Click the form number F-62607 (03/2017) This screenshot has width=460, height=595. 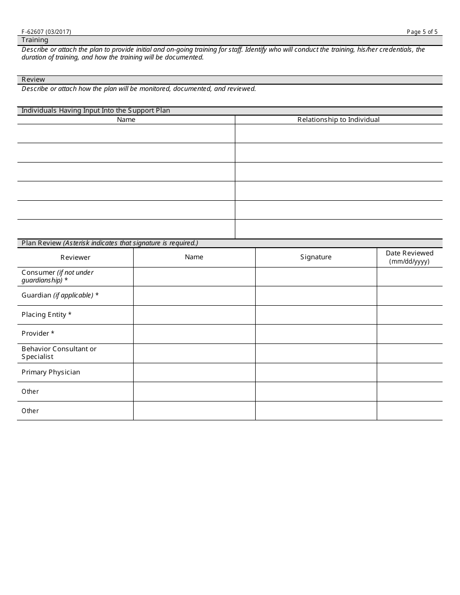(x=46, y=32)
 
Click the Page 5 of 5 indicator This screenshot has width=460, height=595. (x=422, y=32)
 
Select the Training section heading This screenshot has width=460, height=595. (x=35, y=40)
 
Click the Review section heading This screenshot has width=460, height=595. (x=33, y=79)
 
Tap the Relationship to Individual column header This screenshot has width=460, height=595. (x=338, y=119)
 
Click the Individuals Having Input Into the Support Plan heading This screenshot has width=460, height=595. (x=96, y=111)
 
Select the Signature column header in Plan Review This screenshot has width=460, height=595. (x=316, y=257)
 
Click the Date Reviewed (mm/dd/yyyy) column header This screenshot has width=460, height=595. (x=410, y=257)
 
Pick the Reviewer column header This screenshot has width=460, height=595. (x=75, y=257)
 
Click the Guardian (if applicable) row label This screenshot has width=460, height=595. (x=60, y=295)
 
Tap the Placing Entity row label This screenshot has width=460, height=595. (x=46, y=314)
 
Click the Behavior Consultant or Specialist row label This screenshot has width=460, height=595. (x=59, y=353)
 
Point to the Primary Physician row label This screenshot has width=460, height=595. (x=51, y=372)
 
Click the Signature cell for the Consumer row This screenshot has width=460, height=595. (x=316, y=276)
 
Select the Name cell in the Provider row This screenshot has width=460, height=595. (x=194, y=334)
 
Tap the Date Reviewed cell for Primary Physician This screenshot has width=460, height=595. (x=410, y=372)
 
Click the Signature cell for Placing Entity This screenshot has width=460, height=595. (x=316, y=315)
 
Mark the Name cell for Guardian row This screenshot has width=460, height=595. (x=194, y=296)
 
